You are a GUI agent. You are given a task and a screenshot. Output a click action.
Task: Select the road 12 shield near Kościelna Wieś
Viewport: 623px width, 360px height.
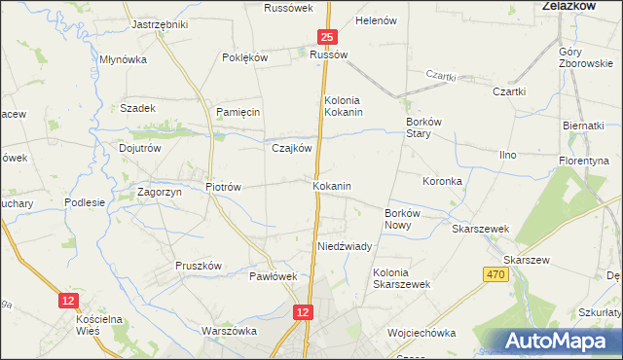click(67, 302)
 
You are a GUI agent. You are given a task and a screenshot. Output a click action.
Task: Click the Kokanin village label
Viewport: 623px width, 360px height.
click(332, 185)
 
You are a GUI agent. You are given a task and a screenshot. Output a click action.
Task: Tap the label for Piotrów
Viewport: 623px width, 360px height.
click(223, 186)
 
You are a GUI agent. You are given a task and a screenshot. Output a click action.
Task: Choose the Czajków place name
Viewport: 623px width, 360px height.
click(291, 148)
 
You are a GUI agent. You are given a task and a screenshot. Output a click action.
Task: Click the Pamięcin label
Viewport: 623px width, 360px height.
click(238, 112)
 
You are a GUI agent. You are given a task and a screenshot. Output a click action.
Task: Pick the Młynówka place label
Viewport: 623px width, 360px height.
click(123, 59)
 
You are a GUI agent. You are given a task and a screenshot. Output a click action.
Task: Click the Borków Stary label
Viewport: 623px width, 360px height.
click(424, 128)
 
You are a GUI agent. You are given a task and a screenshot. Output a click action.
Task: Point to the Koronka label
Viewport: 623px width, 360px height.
click(442, 181)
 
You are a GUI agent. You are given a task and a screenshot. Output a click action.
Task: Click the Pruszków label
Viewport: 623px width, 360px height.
click(200, 266)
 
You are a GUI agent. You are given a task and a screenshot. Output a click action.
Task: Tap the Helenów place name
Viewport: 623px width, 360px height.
click(378, 20)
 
